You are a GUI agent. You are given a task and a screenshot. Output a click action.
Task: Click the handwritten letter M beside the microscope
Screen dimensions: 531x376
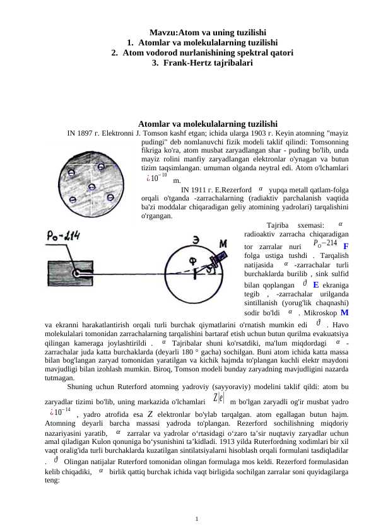[223, 243]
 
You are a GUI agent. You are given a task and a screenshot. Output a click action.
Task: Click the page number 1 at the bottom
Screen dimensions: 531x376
[197, 519]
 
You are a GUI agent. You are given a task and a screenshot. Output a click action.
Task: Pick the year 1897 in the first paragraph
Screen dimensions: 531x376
[86, 134]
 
